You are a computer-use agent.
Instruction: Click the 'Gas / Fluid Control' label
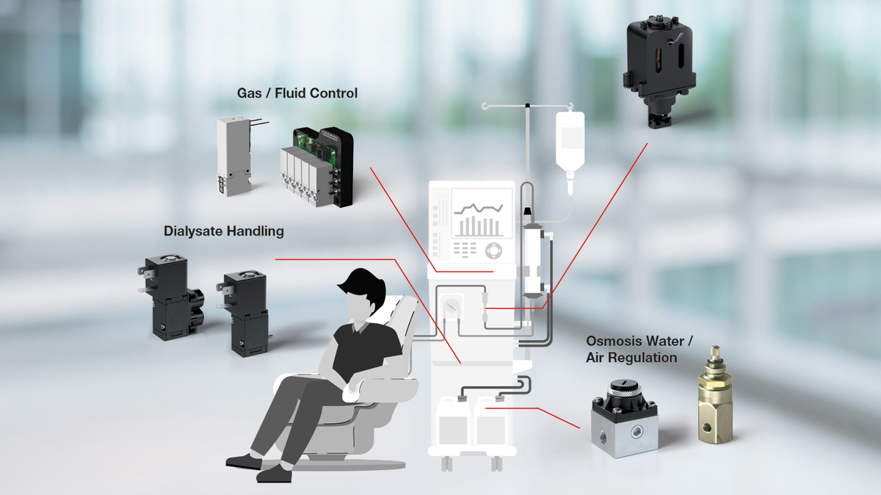297,93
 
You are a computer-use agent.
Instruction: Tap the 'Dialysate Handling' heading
223,231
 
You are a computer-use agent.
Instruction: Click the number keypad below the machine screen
469,249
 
